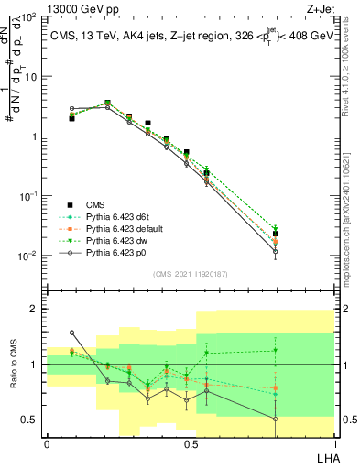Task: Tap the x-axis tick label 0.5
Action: (191, 443)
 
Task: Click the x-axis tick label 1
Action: (334, 443)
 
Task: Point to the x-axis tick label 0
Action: (47, 443)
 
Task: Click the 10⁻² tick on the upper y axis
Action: (27, 256)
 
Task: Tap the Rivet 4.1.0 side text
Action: (345, 64)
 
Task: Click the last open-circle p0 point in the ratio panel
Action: (300, 420)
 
